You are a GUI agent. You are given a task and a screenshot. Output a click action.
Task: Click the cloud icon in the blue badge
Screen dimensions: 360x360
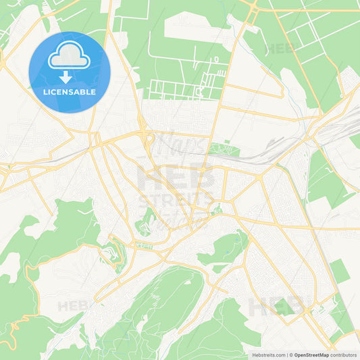69,55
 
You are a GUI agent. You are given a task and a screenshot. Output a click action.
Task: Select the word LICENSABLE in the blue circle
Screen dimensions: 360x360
69,91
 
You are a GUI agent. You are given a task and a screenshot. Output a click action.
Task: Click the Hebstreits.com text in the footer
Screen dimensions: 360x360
267,354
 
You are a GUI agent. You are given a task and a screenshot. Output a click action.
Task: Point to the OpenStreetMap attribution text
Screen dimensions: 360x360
311,354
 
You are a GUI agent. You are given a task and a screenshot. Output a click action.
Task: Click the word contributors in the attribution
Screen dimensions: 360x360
344,354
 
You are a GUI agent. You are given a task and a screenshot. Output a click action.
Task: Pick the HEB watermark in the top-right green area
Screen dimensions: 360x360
280,49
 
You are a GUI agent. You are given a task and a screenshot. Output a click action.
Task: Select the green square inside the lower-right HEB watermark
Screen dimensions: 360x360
284,308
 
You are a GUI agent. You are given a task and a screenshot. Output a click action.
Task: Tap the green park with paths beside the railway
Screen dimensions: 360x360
224,149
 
